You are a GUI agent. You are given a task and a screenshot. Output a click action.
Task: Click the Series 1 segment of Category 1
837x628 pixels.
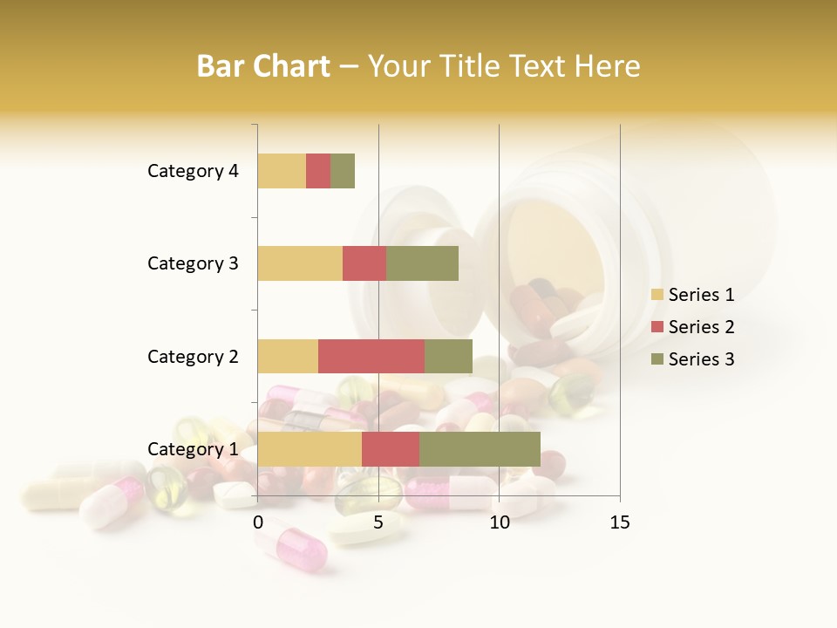click(310, 449)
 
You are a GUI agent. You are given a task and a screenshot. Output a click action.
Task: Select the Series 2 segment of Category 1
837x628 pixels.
click(391, 449)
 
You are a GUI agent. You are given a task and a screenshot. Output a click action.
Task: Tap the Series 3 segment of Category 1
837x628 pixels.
click(480, 449)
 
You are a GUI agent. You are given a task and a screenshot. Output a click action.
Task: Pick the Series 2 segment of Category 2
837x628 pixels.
click(371, 357)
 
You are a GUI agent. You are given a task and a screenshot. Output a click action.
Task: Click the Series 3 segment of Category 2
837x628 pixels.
click(448, 357)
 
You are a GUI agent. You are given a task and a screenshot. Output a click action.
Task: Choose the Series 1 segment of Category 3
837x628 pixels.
click(300, 263)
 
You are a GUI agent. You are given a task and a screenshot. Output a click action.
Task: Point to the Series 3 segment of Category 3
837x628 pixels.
click(422, 263)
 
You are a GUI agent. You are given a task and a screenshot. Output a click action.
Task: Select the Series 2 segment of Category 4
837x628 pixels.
click(318, 171)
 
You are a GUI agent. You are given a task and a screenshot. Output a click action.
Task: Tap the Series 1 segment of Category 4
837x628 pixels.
click(282, 171)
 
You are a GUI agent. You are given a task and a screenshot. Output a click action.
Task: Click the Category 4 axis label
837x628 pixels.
click(193, 171)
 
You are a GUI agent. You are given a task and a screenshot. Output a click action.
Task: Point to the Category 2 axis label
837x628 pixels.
click(193, 357)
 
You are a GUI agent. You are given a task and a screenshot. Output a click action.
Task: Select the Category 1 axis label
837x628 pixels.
click(193, 449)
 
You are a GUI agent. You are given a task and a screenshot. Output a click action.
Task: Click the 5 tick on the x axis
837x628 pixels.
click(378, 522)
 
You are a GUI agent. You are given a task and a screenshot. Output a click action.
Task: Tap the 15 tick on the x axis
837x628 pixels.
click(619, 522)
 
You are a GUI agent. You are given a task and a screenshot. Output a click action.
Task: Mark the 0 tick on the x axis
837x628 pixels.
click(258, 522)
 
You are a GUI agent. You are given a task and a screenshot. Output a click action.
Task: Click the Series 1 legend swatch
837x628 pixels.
click(657, 295)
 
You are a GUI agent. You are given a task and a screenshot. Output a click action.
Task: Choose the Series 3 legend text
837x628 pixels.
click(701, 359)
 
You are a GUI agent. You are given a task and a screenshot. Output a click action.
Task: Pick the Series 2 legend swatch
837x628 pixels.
click(657, 327)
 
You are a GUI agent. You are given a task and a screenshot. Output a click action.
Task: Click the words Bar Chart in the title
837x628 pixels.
click(263, 66)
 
